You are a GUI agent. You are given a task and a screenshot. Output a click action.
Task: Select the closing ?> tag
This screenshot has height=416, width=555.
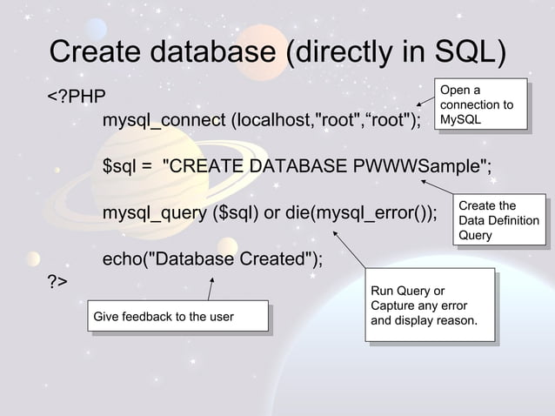(57, 283)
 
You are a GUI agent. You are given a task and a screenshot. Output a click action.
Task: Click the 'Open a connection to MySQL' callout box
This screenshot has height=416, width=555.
(480, 104)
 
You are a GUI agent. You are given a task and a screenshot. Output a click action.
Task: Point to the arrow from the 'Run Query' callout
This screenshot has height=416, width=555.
(351, 249)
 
